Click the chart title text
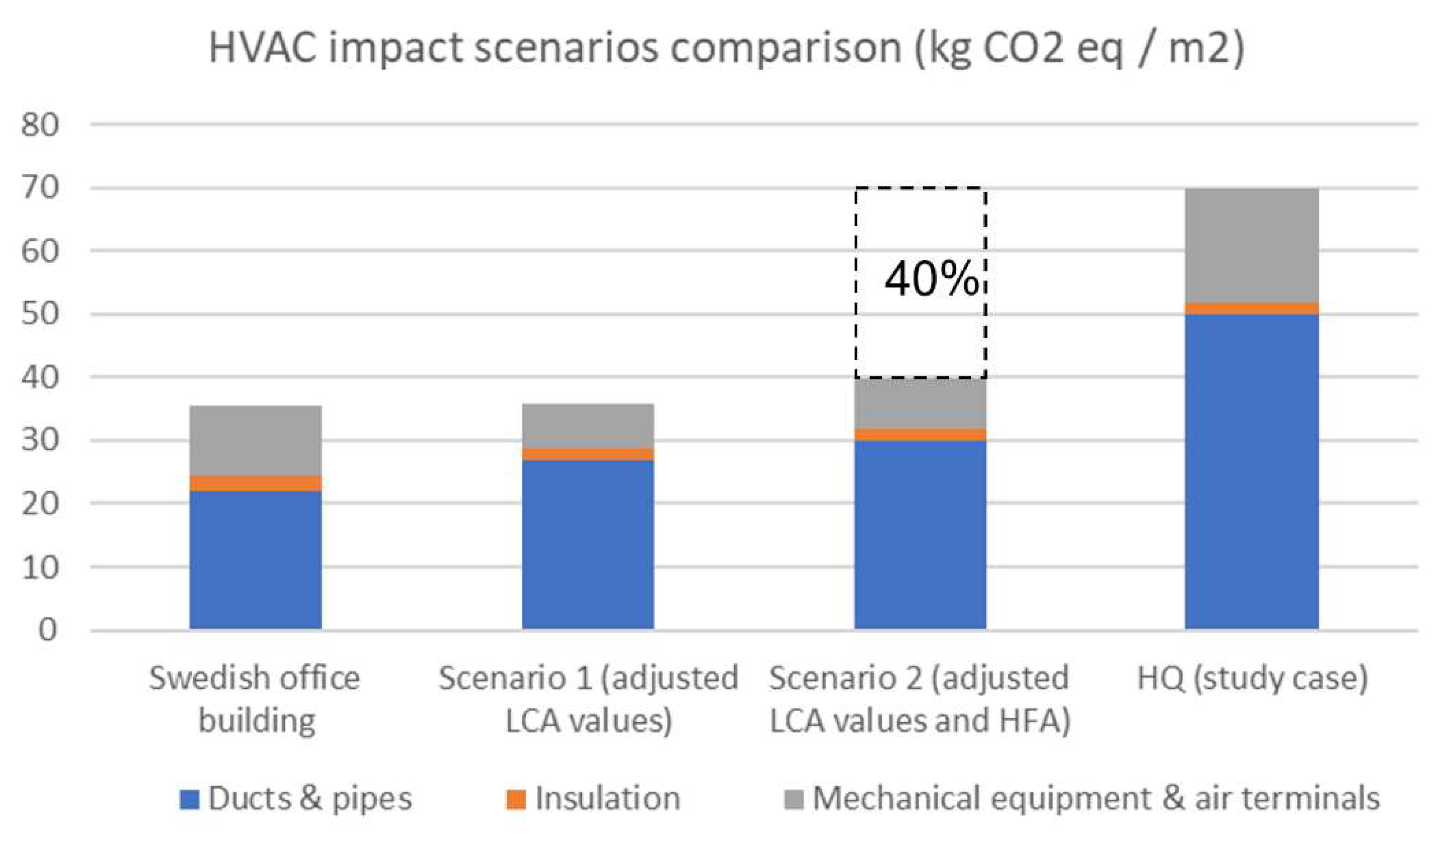tap(726, 48)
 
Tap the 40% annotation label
tap(930, 280)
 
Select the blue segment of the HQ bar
tap(1251, 471)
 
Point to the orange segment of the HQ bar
tap(1251, 309)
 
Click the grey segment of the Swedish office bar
tap(255, 440)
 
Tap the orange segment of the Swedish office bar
tap(255, 483)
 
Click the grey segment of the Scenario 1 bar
tap(587, 425)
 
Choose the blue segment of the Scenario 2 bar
tap(920, 534)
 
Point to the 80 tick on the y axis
tap(40, 125)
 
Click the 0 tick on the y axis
tap(48, 630)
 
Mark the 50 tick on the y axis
tap(40, 314)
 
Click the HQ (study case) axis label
tap(1252, 678)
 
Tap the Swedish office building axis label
tap(255, 699)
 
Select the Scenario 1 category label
tap(588, 699)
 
